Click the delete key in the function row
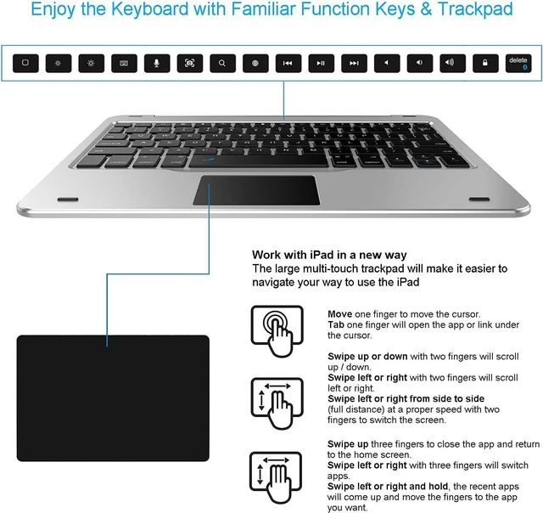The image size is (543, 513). pyautogui.click(x=518, y=63)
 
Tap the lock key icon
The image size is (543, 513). pyautogui.click(x=485, y=63)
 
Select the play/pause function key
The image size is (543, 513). pyautogui.click(x=321, y=63)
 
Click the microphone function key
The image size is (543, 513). pyautogui.click(x=157, y=63)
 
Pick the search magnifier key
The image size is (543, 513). pyautogui.click(x=222, y=63)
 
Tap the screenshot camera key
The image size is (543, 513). pyautogui.click(x=190, y=63)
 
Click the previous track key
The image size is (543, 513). pyautogui.click(x=288, y=63)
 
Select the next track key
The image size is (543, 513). pyautogui.click(x=354, y=63)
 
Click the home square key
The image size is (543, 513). pyautogui.click(x=25, y=63)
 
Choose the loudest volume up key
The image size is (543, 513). pyautogui.click(x=452, y=63)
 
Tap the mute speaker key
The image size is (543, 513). pyautogui.click(x=387, y=63)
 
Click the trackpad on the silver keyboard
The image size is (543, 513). pyautogui.click(x=256, y=190)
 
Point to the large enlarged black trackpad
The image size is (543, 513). pyautogui.click(x=113, y=398)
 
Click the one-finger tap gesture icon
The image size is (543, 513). pyautogui.click(x=277, y=330)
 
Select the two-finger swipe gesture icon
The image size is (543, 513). pyautogui.click(x=277, y=403)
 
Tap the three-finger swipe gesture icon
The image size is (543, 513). pyautogui.click(x=276, y=477)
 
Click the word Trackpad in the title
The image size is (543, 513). pyautogui.click(x=475, y=9)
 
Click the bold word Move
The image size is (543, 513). pyautogui.click(x=339, y=314)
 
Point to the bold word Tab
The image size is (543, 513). pyautogui.click(x=336, y=324)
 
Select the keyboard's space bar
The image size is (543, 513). pyautogui.click(x=258, y=161)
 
